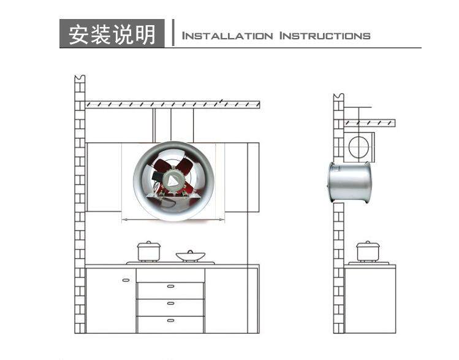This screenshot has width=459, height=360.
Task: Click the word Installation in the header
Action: [x=227, y=36]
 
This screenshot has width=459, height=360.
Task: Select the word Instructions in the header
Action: [x=325, y=36]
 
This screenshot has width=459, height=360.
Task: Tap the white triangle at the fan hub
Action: [x=175, y=180]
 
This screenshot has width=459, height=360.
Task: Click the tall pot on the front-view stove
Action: [x=148, y=251]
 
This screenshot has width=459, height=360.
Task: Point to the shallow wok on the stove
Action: [x=189, y=256]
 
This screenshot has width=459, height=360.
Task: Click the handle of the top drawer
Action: [x=170, y=286]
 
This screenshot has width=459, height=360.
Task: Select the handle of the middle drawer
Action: [x=170, y=304]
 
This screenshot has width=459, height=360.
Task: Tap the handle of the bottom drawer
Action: [x=170, y=321]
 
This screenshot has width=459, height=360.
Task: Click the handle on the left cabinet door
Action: [x=126, y=280]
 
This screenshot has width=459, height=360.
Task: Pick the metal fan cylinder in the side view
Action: [x=350, y=183]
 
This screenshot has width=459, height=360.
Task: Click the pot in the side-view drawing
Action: [x=368, y=251]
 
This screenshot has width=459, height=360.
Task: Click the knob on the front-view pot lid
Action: [x=148, y=242]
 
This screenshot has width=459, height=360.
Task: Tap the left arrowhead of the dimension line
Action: [x=125, y=219]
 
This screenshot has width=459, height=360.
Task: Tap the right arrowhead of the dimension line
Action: [x=222, y=219]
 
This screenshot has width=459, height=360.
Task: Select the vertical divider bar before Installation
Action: [x=173, y=34]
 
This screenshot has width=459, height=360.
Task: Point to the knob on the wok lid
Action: [x=189, y=250]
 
